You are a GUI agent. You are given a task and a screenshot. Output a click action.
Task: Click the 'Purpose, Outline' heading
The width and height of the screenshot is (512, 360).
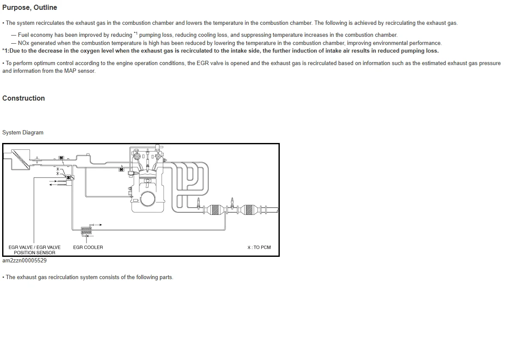point(30,8)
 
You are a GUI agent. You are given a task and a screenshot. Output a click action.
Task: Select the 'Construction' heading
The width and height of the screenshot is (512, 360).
point(24,98)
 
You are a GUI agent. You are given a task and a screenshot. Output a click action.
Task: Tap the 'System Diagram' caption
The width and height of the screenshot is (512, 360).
point(23,133)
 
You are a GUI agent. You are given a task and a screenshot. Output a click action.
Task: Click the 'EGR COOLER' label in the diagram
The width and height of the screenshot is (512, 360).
point(88,247)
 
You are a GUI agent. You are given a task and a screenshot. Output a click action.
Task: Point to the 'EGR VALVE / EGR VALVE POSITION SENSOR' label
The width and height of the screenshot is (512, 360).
point(35,250)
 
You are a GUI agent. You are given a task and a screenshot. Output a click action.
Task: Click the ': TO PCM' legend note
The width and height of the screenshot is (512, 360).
point(259,247)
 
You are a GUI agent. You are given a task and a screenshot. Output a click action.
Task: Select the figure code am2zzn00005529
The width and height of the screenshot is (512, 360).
point(24,260)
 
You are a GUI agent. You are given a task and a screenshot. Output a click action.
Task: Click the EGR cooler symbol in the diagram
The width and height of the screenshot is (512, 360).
point(87,231)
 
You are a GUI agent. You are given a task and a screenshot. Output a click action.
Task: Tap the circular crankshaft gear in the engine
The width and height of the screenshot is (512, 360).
point(148,198)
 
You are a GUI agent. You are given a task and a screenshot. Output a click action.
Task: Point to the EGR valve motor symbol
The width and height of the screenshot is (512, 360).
point(68,177)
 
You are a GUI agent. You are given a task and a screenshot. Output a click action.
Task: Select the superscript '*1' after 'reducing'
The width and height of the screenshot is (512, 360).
point(135,33)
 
